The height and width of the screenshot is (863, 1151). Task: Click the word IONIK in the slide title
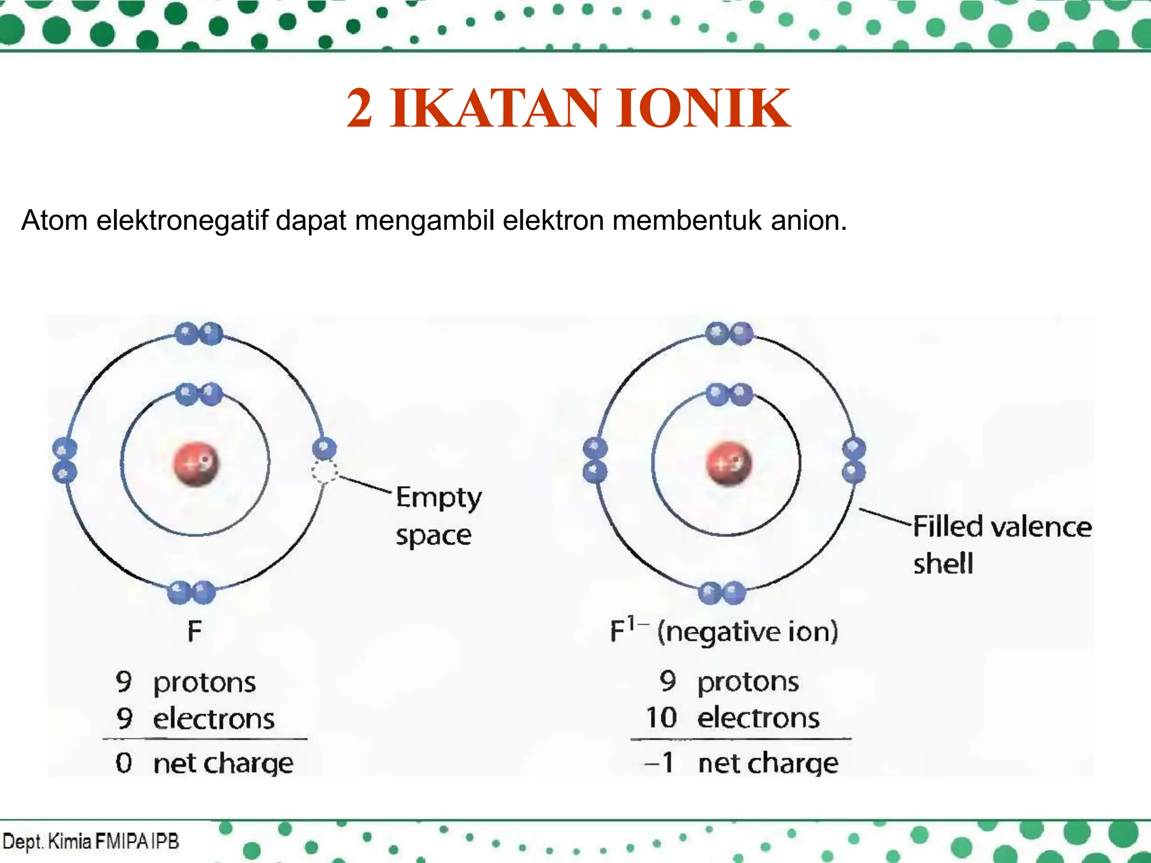[x=703, y=108]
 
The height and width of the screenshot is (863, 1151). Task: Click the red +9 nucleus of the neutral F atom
[x=196, y=464]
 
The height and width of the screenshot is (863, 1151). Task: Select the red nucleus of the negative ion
[x=728, y=464]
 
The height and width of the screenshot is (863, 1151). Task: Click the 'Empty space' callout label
[x=438, y=516]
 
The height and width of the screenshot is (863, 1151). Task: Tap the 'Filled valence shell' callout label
[x=1001, y=544]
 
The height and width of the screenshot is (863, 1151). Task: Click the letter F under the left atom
[x=194, y=632]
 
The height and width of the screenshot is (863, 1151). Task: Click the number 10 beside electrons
[x=661, y=717]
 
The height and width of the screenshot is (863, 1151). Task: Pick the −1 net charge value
[x=659, y=763]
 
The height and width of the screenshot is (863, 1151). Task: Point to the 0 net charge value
[x=124, y=763]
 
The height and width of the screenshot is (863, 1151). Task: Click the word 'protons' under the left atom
[x=205, y=683]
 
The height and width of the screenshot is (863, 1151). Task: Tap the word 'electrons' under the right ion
[x=758, y=717]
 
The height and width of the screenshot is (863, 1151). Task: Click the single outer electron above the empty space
[x=324, y=448]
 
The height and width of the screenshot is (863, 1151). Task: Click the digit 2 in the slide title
[x=359, y=108]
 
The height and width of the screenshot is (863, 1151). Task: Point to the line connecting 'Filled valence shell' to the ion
[x=885, y=517]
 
